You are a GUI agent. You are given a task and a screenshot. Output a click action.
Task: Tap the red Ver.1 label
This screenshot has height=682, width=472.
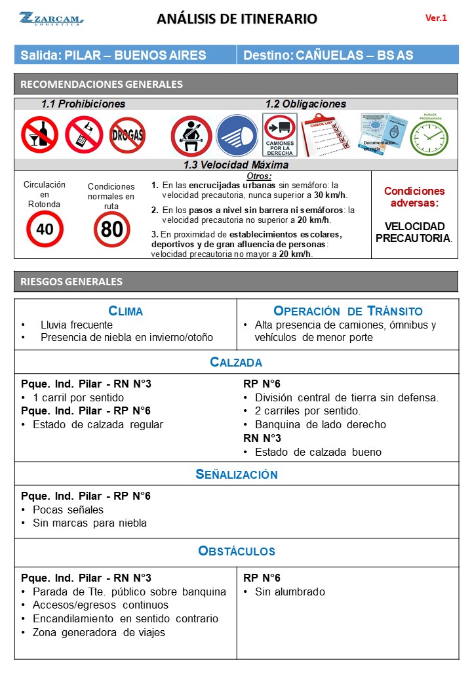436,18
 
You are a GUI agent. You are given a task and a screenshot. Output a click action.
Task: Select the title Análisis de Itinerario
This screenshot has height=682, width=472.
237,19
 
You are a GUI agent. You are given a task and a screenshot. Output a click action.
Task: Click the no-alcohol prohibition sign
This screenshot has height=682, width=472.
39,134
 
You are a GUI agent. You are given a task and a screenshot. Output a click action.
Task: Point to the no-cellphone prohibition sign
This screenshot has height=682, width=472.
84,134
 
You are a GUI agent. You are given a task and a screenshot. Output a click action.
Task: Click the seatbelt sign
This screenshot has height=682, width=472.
191,136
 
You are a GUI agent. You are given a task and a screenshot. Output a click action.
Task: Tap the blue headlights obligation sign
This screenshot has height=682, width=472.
237,136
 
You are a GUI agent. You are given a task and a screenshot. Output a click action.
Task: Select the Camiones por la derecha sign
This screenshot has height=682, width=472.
280,136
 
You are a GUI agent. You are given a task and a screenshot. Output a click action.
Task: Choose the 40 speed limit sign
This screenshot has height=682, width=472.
45,229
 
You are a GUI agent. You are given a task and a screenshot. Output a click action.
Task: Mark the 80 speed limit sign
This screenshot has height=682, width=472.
111,229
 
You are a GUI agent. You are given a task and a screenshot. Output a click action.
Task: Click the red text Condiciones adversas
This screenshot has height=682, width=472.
414,197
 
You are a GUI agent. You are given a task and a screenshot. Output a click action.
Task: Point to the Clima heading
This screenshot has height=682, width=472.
125,311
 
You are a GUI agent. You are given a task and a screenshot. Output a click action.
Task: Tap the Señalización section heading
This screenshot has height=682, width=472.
236,474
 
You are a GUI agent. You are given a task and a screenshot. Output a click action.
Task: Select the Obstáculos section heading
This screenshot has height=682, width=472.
236,551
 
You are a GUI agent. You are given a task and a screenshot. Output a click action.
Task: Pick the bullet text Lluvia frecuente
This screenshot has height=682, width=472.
77,325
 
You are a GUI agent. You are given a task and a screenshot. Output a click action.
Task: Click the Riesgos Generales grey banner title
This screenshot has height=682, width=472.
71,281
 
